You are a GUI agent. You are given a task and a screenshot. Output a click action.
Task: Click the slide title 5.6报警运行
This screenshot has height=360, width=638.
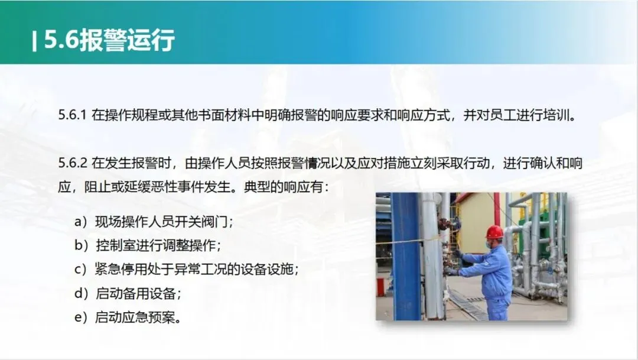point(109,40)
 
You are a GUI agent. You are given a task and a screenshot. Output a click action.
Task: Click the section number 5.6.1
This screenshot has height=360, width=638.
point(72,115)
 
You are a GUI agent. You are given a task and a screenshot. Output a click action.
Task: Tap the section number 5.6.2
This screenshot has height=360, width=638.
point(73,163)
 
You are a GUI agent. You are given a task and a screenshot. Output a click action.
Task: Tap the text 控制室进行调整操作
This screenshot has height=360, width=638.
point(156,245)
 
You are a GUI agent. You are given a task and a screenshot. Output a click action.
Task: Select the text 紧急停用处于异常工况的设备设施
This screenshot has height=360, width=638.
point(194,269)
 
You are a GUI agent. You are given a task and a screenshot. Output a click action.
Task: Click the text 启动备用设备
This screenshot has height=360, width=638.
point(136,293)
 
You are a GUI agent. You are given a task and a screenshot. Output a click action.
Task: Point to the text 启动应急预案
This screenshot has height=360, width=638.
point(135,317)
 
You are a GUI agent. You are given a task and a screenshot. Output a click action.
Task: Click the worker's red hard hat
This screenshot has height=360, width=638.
point(494,232)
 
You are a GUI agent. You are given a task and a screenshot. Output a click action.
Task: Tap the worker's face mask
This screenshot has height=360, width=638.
point(489,244)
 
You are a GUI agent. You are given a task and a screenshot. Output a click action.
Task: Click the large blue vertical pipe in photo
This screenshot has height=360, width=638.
point(405,256)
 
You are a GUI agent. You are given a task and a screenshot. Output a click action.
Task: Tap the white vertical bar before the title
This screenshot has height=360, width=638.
point(35,41)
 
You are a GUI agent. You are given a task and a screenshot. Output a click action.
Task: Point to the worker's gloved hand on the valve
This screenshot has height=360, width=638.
point(458,254)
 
